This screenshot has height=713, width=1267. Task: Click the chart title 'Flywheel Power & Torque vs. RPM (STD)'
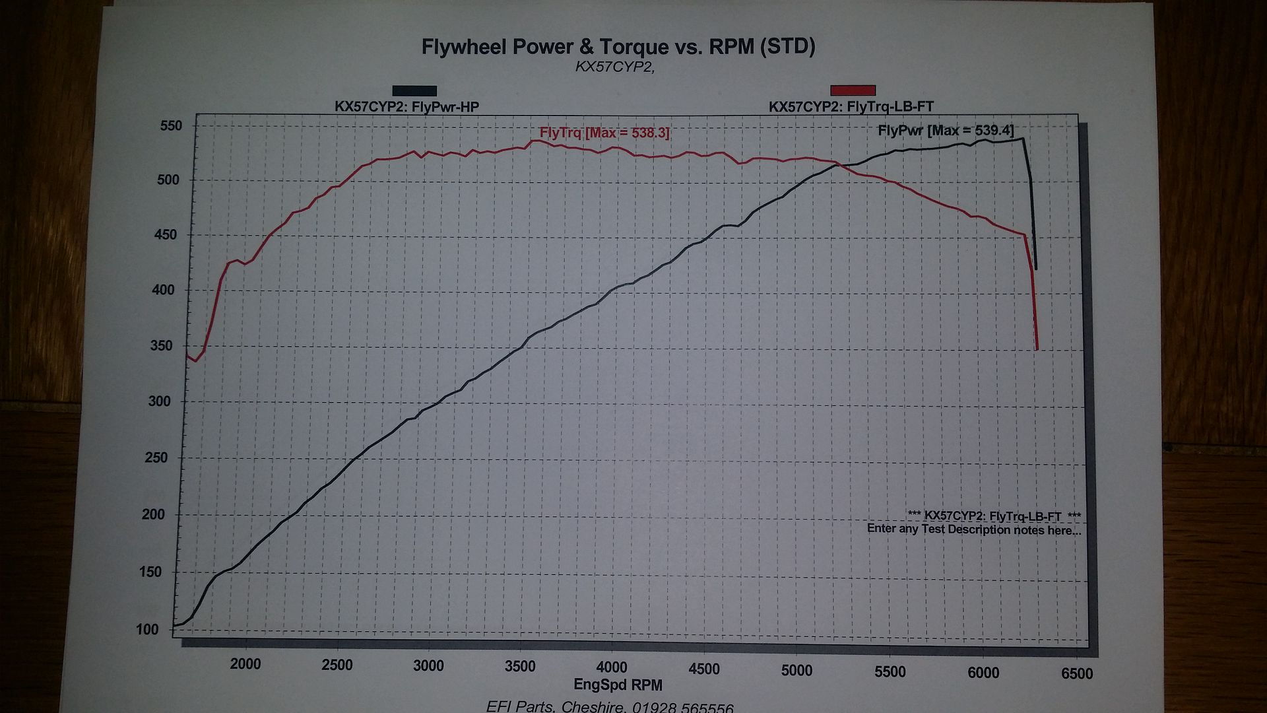[618, 47]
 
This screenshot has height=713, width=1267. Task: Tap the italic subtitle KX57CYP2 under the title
[614, 67]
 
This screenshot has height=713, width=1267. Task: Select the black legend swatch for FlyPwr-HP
[414, 91]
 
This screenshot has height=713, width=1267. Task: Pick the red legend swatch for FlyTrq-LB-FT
[853, 90]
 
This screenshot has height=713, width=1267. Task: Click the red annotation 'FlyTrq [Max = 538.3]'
[604, 133]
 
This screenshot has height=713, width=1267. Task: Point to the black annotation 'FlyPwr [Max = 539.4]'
[945, 130]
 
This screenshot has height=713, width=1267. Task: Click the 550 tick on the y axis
[171, 125]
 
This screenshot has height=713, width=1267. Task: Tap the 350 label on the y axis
[162, 345]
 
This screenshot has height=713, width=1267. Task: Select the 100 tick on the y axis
[148, 629]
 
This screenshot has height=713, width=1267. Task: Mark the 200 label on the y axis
[153, 514]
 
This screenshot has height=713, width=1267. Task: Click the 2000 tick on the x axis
[245, 663]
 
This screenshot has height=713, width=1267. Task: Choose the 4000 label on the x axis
[612, 667]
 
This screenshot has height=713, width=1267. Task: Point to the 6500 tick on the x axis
[1076, 673]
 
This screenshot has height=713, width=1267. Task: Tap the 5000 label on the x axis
[796, 670]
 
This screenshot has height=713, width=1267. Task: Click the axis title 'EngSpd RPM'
[618, 685]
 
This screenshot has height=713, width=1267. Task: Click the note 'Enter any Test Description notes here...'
[974, 529]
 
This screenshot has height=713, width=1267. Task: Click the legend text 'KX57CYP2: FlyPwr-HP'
[406, 106]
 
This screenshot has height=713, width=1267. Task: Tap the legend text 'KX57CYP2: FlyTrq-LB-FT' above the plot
[851, 106]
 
